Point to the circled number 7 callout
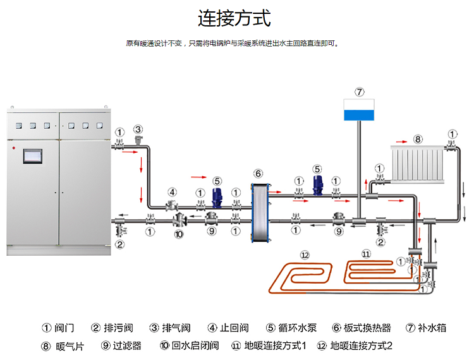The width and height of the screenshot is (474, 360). tap(359, 92)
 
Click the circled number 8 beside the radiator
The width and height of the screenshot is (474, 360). tap(418, 138)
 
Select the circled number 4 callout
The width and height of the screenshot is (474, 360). tap(172, 192)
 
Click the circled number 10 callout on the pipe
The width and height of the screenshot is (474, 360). tap(179, 234)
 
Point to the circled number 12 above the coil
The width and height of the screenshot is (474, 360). tap(305, 255)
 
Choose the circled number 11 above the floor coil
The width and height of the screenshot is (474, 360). tap(367, 254)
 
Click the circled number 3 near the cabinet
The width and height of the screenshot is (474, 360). tap(138, 129)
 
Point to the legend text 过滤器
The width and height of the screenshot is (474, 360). tap(127, 345)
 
